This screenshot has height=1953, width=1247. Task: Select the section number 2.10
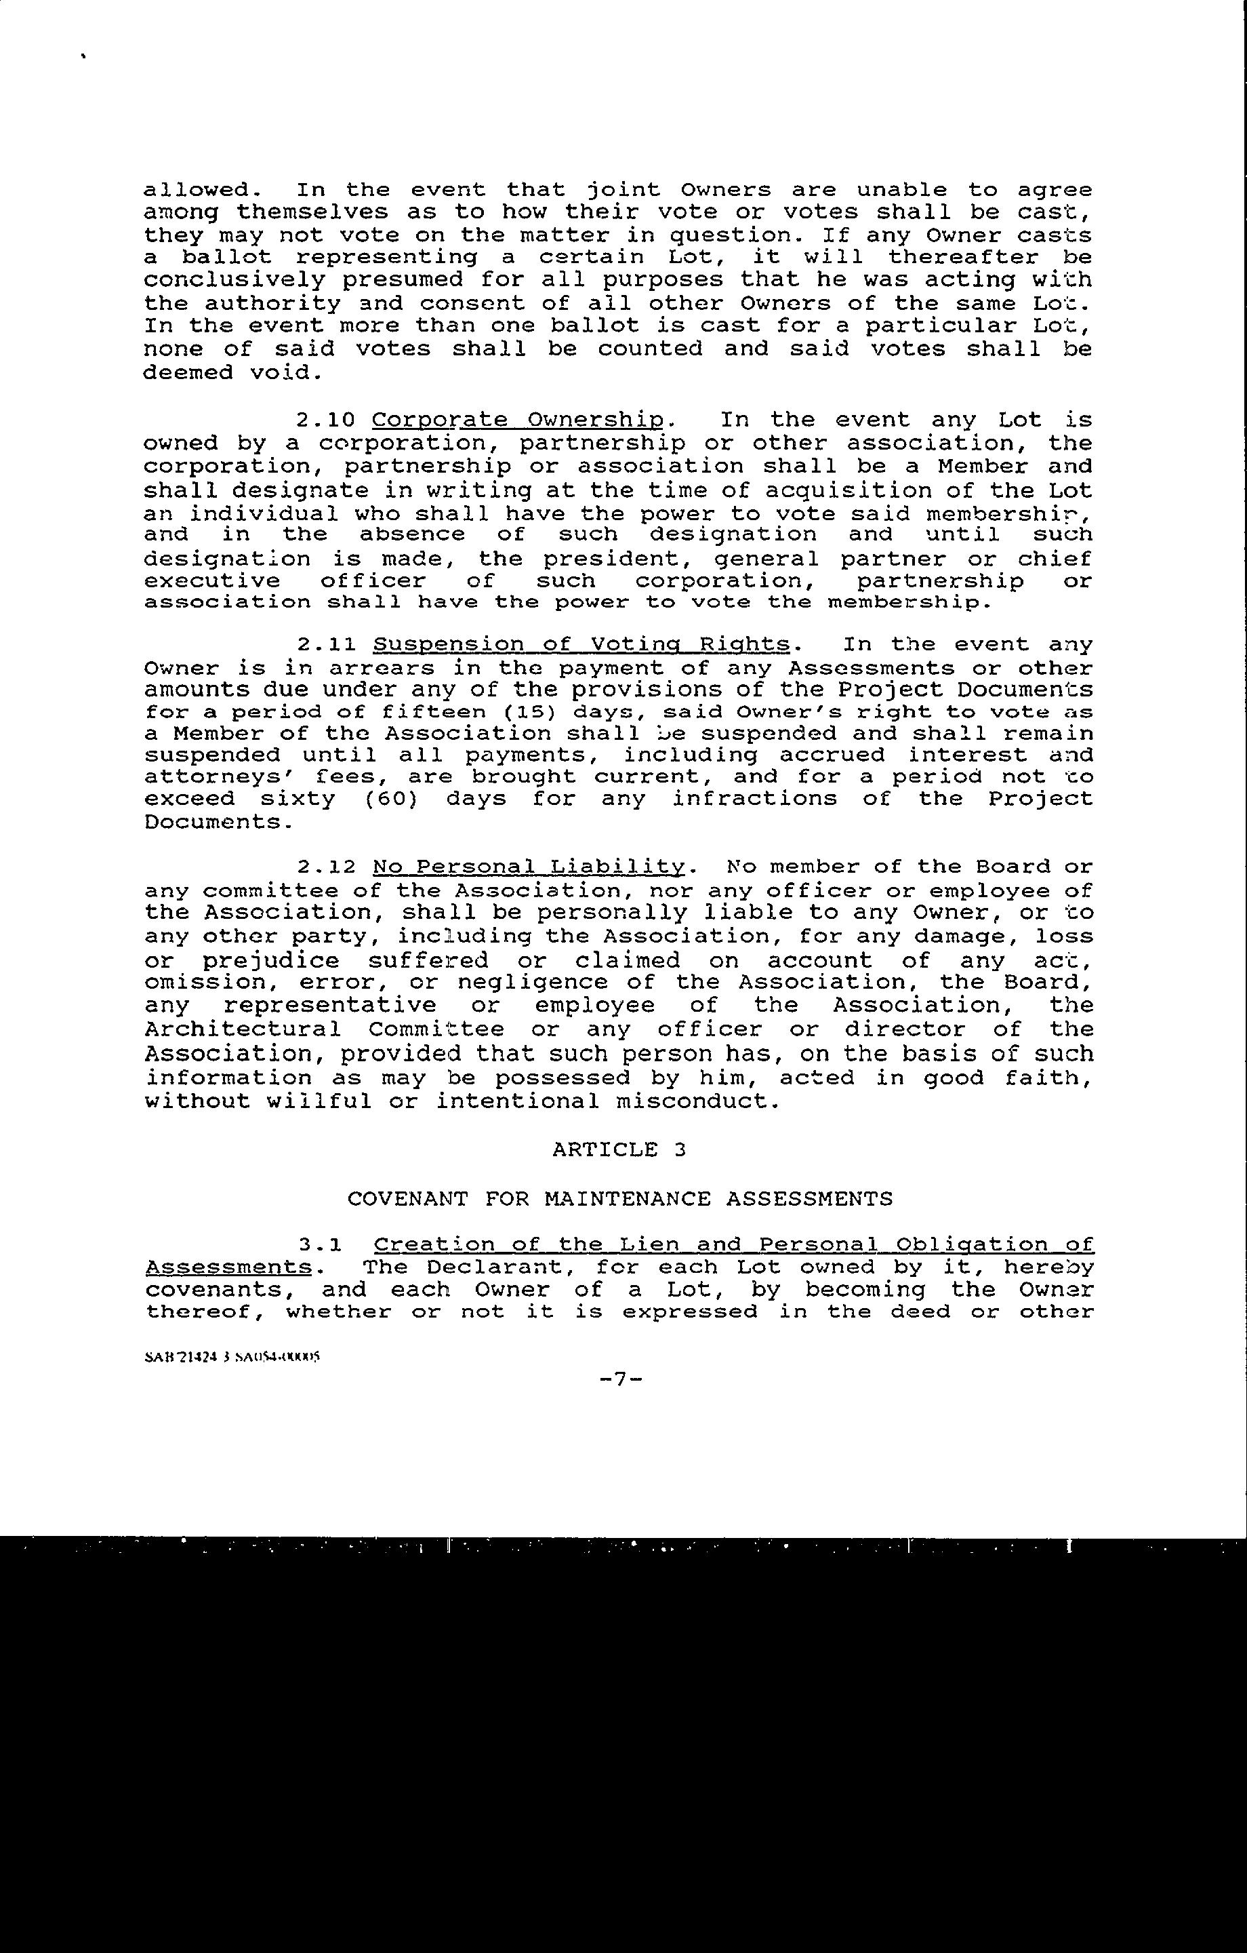[x=326, y=420]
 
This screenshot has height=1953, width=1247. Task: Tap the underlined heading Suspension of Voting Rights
[x=581, y=645]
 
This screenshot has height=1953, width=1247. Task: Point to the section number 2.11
[x=326, y=645]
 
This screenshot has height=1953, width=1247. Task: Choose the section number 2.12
[x=326, y=867]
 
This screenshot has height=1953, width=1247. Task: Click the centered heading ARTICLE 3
[x=619, y=1149]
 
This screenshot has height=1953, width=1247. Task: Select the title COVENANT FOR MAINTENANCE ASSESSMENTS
[x=619, y=1199]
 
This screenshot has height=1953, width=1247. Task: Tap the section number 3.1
[x=321, y=1244]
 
